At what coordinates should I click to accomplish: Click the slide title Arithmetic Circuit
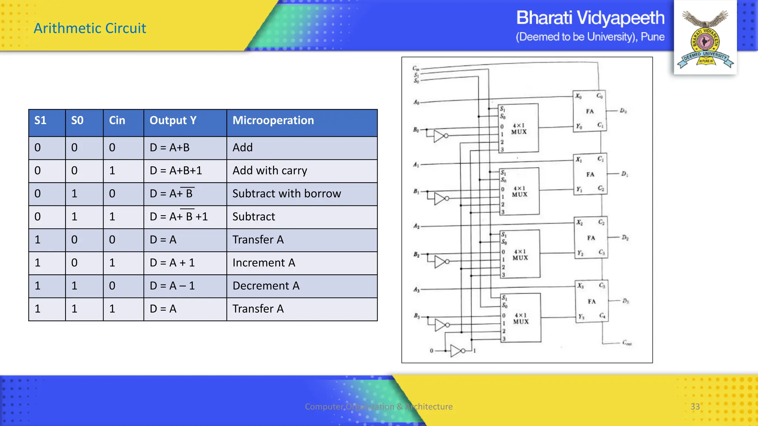point(90,28)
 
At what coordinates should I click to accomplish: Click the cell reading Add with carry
point(270,170)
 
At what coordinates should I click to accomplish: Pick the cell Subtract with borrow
point(286,193)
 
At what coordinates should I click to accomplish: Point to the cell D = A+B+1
point(176,170)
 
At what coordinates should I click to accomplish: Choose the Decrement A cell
point(266,286)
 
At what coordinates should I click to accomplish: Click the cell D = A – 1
point(172,286)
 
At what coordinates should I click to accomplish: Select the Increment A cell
point(264,263)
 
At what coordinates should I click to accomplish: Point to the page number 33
point(695,406)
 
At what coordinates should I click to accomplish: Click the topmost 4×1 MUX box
point(519,128)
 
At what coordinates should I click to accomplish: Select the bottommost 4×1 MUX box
point(521,318)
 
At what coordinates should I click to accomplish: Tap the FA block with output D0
point(590,111)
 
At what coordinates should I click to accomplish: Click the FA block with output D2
point(591,238)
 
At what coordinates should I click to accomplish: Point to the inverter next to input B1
point(440,199)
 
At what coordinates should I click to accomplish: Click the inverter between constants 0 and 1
point(457,350)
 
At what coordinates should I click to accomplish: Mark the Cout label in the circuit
point(627,343)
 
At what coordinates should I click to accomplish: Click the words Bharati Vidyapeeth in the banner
point(590,18)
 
